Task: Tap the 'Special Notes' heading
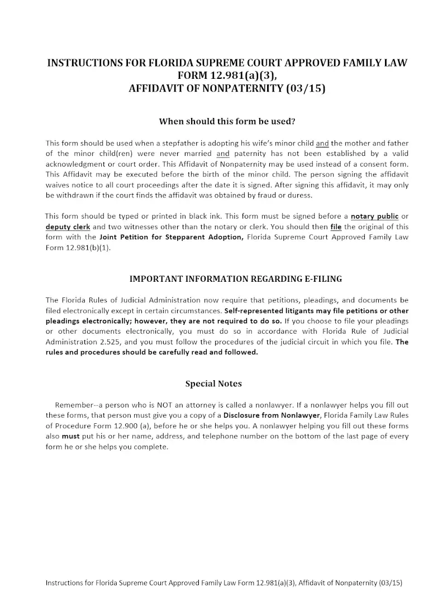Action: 213,384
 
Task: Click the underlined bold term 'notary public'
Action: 374,216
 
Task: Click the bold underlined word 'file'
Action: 336,226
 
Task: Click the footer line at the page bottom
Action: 223,583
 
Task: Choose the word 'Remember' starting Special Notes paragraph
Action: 72,404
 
